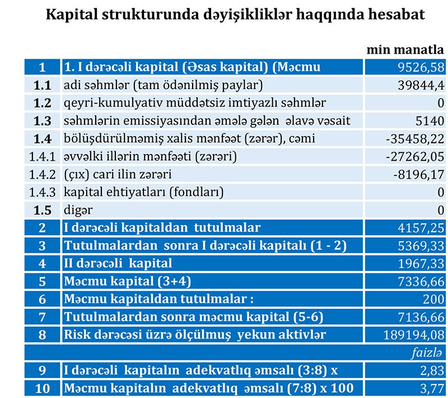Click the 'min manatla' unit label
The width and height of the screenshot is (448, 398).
pyautogui.click(x=405, y=49)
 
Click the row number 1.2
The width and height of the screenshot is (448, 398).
pyautogui.click(x=43, y=103)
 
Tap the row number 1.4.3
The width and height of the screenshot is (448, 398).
pyautogui.click(x=43, y=192)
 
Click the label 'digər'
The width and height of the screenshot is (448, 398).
pyautogui.click(x=78, y=210)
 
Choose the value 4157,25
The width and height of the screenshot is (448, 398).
pyautogui.click(x=418, y=228)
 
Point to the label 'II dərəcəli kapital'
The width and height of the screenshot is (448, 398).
pyautogui.click(x=118, y=263)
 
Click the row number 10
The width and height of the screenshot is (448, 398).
pyautogui.click(x=43, y=388)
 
